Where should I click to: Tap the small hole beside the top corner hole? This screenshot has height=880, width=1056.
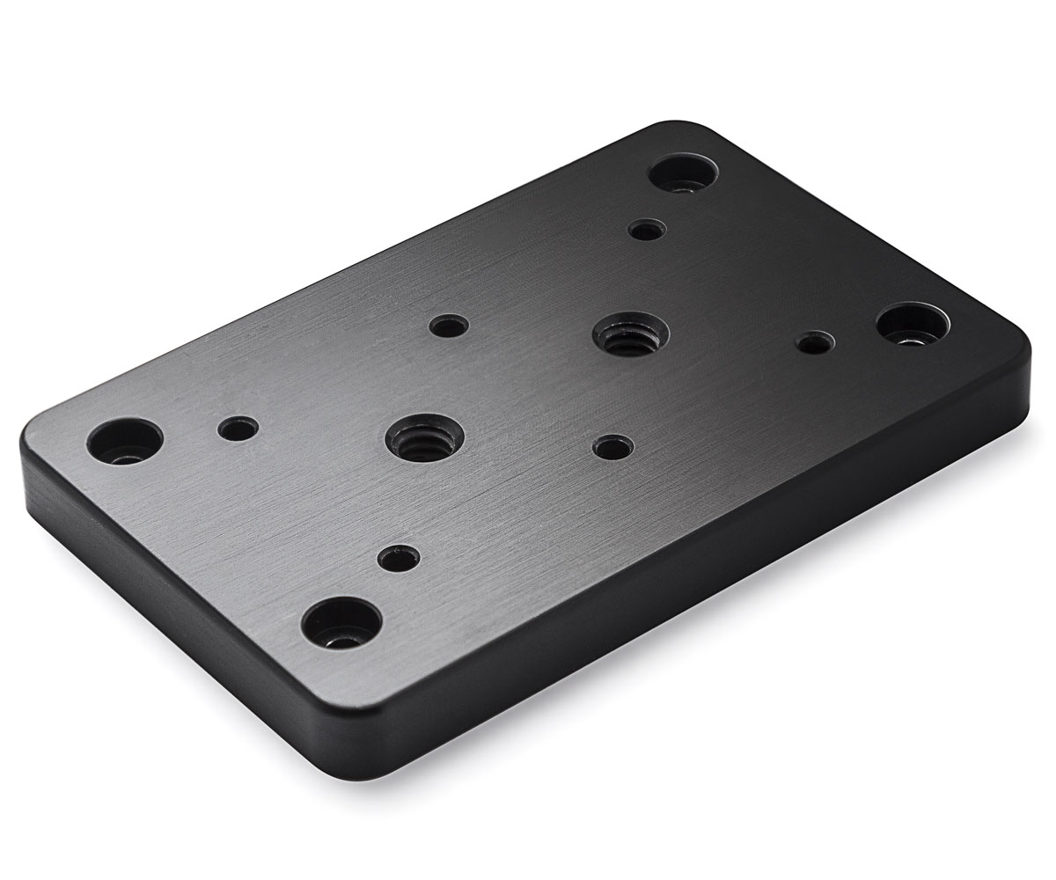pos(647,231)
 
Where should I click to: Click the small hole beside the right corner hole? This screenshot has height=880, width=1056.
pos(814,341)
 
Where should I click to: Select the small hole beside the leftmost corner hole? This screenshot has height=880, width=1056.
pos(238,429)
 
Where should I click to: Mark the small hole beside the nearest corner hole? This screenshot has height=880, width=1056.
pos(399,557)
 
